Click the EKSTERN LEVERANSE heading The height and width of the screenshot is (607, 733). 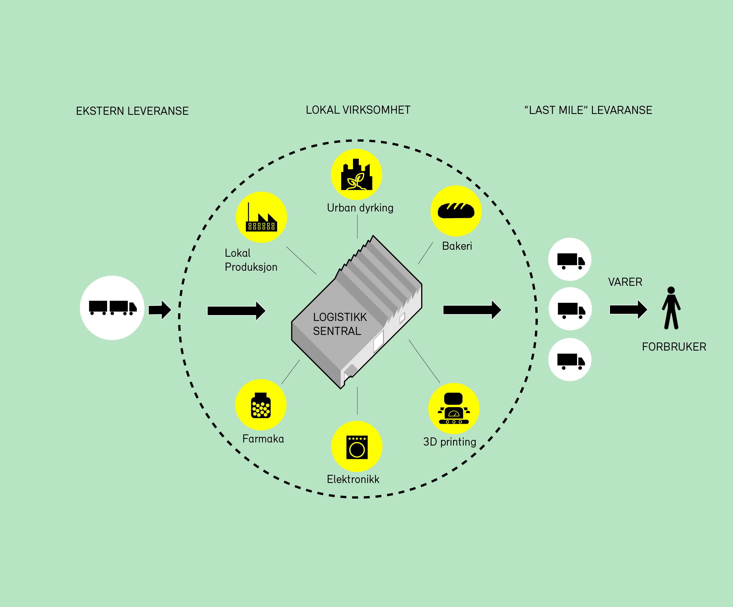pyautogui.click(x=132, y=111)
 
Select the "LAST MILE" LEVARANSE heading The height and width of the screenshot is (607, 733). pyautogui.click(x=588, y=110)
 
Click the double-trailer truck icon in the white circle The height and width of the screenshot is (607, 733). pyautogui.click(x=112, y=308)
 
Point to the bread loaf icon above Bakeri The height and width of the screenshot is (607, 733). pyautogui.click(x=456, y=211)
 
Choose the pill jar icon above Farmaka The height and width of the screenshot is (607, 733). pyautogui.click(x=261, y=405)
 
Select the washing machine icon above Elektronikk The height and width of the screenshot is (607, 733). pyautogui.click(x=357, y=447)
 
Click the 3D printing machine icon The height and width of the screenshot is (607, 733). pyautogui.click(x=454, y=408)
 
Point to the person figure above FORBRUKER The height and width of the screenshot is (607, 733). pyautogui.click(x=671, y=308)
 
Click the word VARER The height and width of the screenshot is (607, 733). pyautogui.click(x=625, y=282)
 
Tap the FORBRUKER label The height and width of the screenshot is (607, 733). pyautogui.click(x=674, y=347)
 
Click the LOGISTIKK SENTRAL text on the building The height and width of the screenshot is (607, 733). pyautogui.click(x=339, y=324)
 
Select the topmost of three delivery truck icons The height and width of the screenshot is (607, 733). pyautogui.click(x=570, y=260)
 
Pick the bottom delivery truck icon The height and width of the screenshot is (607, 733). pyautogui.click(x=570, y=360)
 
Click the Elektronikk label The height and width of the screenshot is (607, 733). pyautogui.click(x=353, y=479)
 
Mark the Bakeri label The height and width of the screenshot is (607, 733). pyautogui.click(x=457, y=246)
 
